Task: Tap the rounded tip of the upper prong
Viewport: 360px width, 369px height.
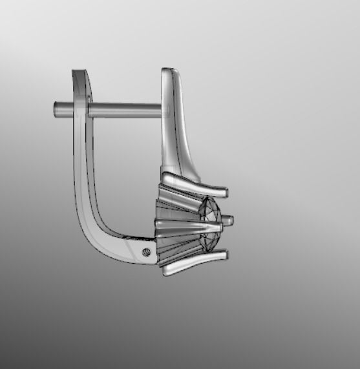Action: pyautogui.click(x=224, y=192)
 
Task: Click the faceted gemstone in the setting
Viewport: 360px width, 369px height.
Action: pyautogui.click(x=211, y=223)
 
